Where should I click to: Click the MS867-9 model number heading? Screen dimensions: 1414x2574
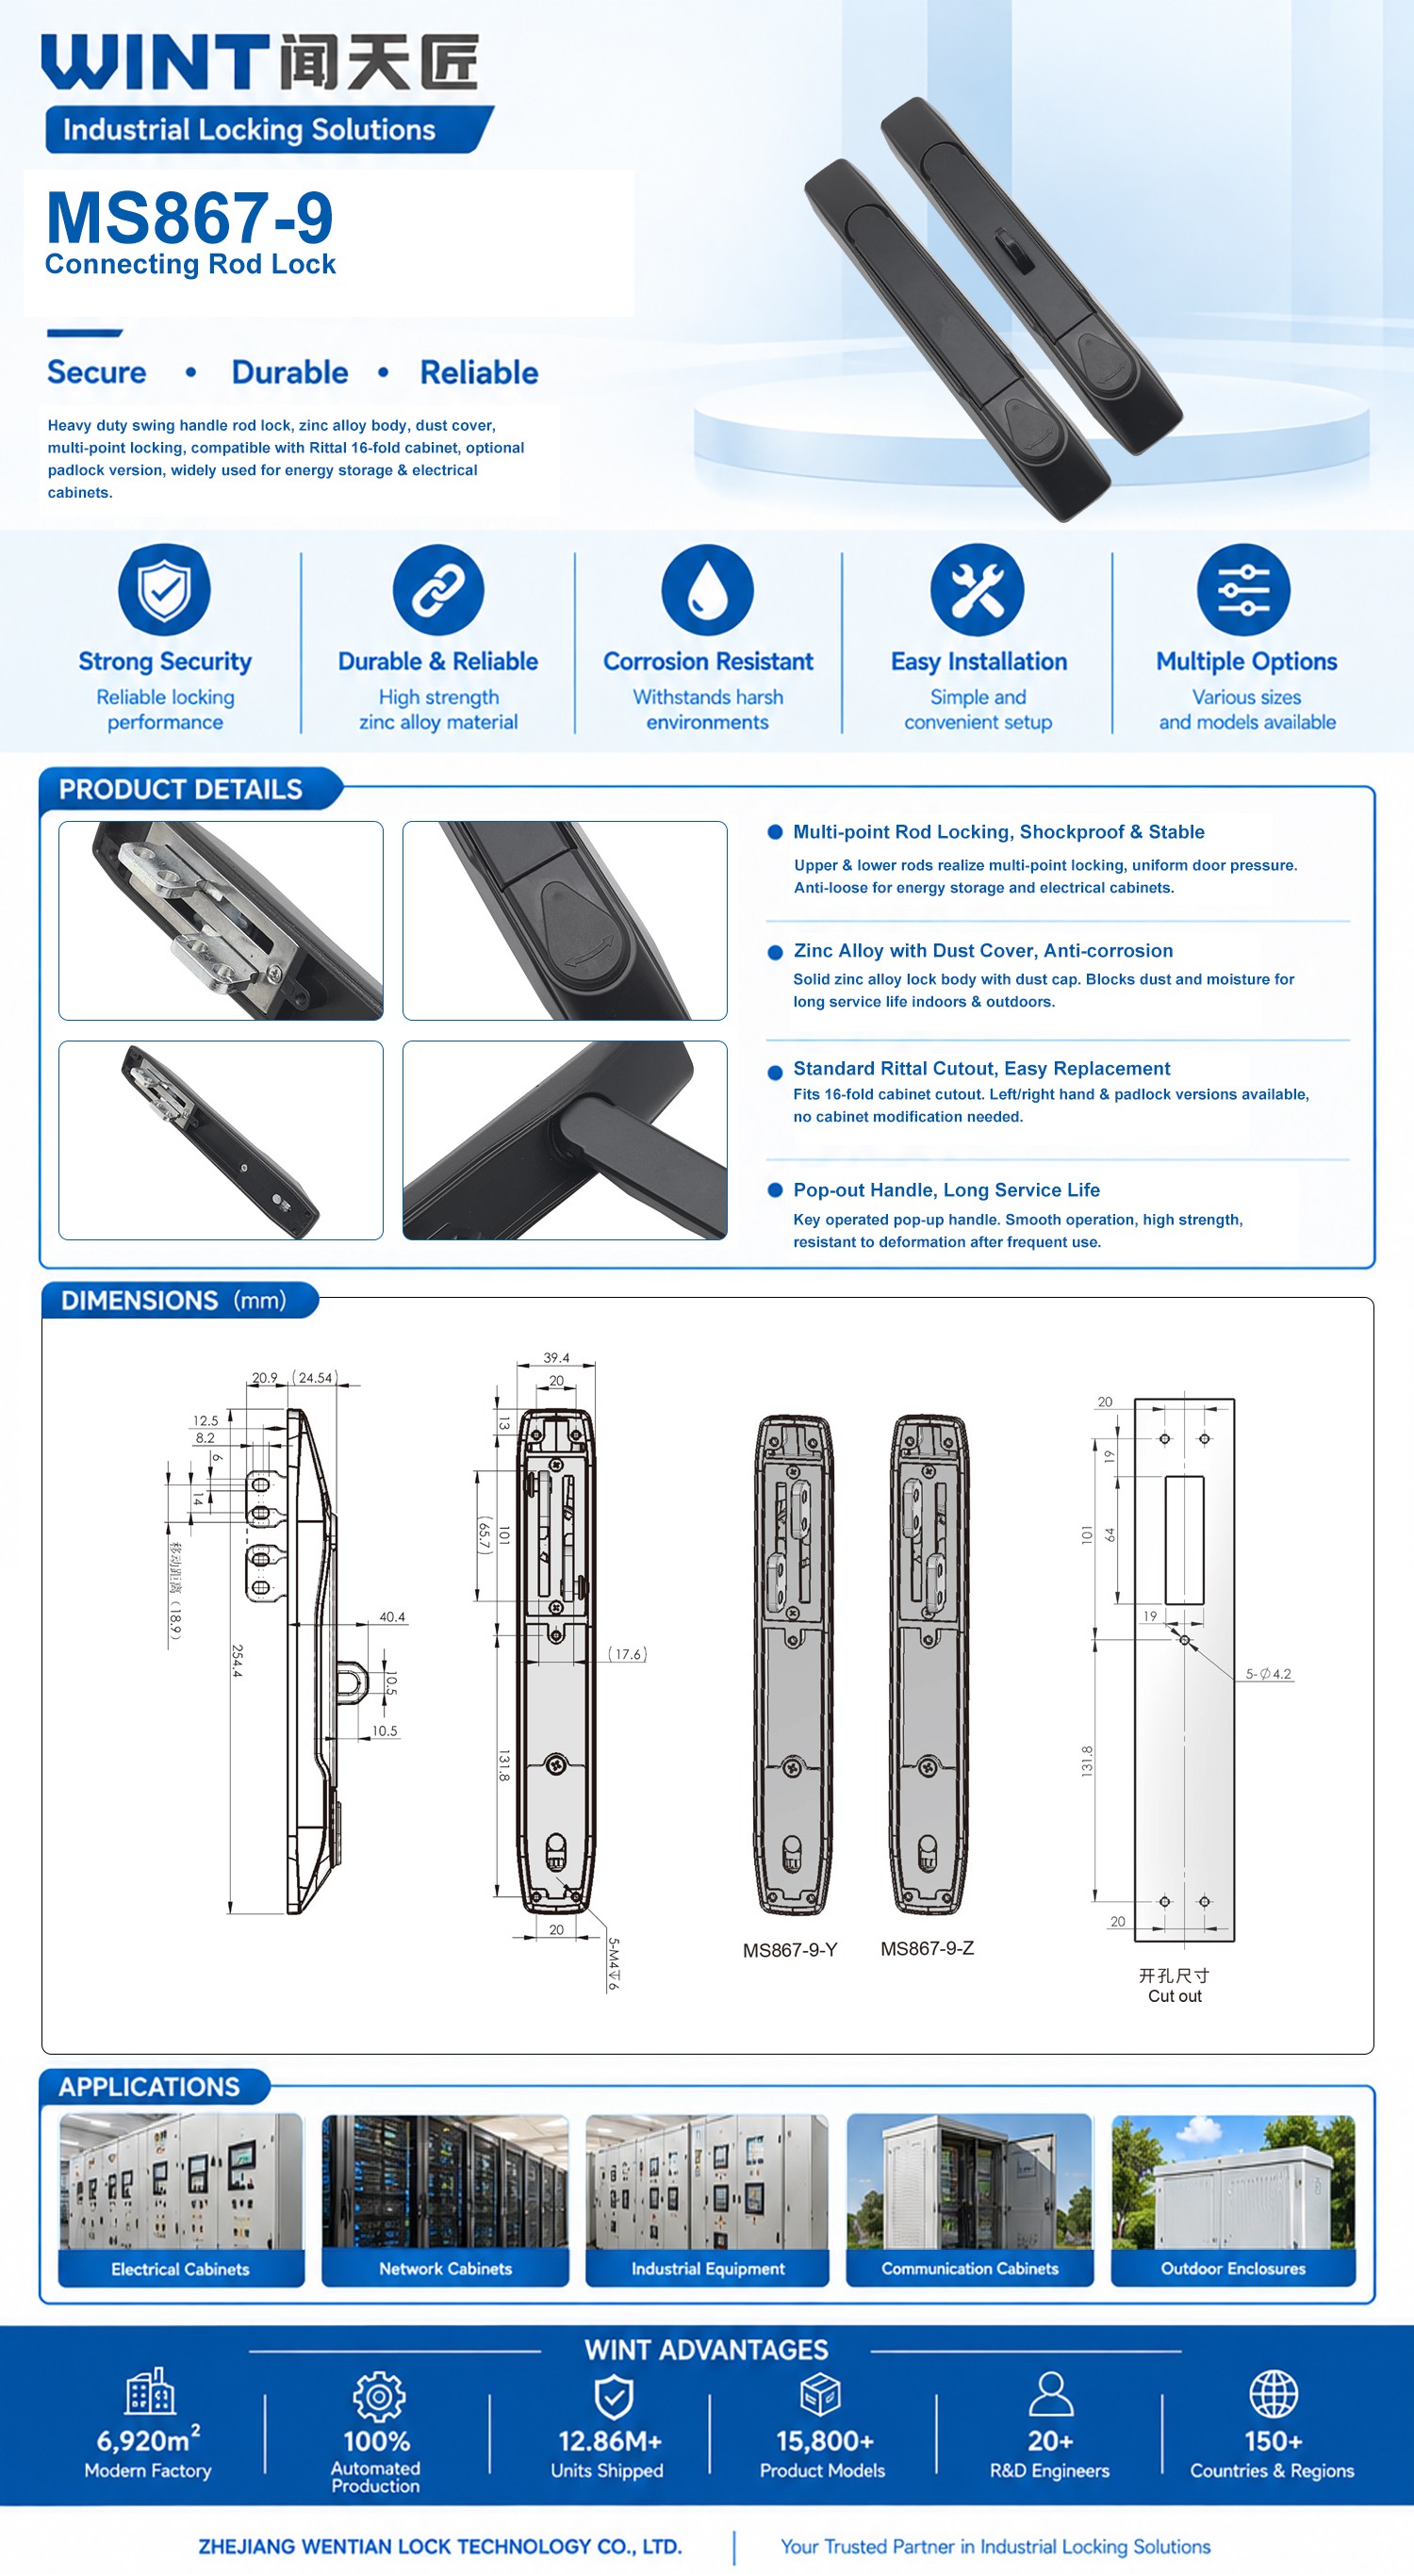[x=189, y=217]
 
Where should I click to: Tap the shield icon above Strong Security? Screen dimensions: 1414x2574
[x=165, y=590]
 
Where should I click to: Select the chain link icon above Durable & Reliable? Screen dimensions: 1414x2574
[x=437, y=590]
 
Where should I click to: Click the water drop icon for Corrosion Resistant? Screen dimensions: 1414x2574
[x=708, y=590]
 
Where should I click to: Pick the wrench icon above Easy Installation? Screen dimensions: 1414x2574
[x=978, y=590]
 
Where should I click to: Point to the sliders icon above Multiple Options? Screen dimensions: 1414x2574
[x=1243, y=590]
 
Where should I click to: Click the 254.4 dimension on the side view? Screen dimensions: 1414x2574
[x=237, y=1660]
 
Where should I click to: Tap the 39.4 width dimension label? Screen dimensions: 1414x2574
[x=556, y=1357]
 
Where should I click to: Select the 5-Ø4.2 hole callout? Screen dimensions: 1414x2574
[x=1268, y=1674]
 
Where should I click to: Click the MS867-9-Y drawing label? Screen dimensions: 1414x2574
[x=789, y=1949]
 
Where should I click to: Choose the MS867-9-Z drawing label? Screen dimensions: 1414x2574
[x=928, y=1947]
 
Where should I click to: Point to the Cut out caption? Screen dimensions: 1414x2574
[x=1176, y=1995]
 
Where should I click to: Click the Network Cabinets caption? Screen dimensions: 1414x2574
[x=445, y=2269]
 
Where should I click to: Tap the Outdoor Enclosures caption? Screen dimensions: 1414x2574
[x=1233, y=2269]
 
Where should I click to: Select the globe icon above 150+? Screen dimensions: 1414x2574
[x=1274, y=2395]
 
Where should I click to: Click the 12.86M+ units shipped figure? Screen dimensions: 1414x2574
[x=610, y=2441]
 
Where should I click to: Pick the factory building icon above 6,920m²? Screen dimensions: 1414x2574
[x=150, y=2391]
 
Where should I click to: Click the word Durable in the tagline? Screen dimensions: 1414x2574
[x=289, y=372]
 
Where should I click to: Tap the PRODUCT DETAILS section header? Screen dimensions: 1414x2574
[x=180, y=790]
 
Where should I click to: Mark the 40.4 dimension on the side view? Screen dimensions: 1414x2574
[x=392, y=1616]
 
